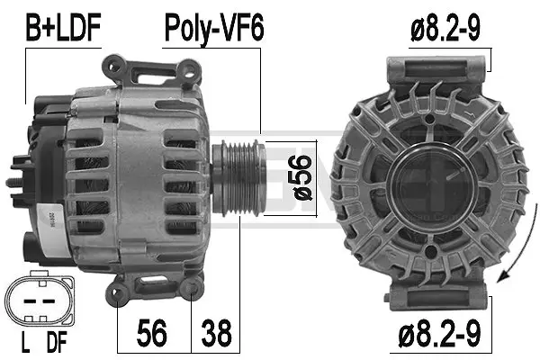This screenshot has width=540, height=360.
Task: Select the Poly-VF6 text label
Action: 213,30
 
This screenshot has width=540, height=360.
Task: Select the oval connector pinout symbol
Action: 38,299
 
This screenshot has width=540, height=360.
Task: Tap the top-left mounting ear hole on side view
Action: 113,64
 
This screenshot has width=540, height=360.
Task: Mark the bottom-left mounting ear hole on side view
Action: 117,289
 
